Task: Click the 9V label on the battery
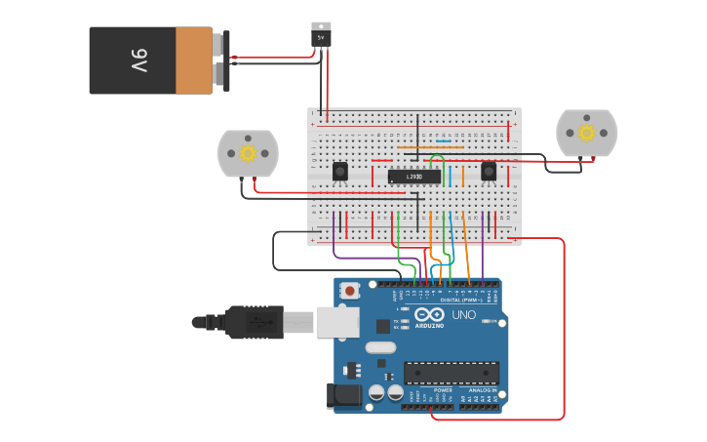tap(138, 61)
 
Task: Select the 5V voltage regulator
tap(321, 35)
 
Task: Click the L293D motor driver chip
tap(413, 177)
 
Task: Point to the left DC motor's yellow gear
tap(248, 152)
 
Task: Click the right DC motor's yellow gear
tap(586, 132)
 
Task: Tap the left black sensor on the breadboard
tap(339, 172)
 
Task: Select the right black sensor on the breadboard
tap(489, 172)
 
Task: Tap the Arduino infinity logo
tap(429, 315)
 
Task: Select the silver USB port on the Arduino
tap(337, 321)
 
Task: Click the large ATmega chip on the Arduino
tap(451, 373)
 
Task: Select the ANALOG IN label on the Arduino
tap(482, 390)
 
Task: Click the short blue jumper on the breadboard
tap(444, 141)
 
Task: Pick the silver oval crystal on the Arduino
tap(381, 347)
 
